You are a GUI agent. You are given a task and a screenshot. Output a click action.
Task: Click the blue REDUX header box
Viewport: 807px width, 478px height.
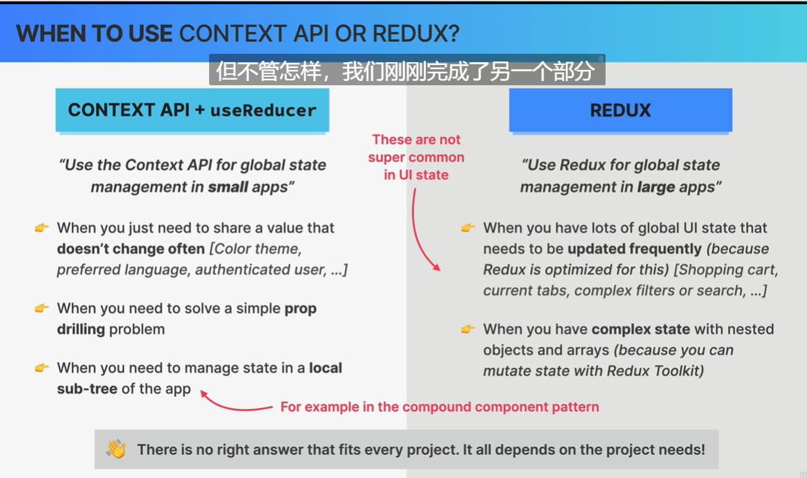pos(620,110)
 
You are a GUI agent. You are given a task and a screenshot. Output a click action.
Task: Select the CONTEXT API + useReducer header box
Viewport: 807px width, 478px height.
pos(192,110)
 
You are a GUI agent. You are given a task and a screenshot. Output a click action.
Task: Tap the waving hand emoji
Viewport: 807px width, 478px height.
pos(116,449)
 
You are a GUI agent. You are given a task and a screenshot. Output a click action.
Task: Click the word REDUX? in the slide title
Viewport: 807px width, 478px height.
pos(416,34)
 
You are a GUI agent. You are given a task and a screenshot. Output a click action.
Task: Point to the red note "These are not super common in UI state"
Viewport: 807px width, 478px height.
pos(416,157)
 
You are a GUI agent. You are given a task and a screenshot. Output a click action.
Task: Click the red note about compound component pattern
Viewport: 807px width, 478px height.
pos(440,407)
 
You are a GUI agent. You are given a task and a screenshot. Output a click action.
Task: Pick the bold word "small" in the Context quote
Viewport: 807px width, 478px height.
pos(227,187)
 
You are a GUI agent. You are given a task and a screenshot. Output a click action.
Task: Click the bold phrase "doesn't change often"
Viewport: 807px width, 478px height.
pos(131,249)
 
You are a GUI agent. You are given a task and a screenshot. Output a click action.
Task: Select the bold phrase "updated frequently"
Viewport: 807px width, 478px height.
pos(634,249)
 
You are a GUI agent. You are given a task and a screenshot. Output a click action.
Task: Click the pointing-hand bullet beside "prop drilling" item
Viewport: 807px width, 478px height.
pos(41,308)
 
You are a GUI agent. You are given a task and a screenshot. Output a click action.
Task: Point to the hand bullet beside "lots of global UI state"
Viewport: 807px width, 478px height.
pos(467,227)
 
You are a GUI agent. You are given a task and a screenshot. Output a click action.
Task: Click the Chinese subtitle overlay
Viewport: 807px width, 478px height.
pos(406,71)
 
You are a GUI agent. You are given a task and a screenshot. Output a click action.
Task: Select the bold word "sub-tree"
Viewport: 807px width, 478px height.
pos(87,389)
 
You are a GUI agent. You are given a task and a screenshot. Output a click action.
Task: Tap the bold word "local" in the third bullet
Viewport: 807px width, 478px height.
pos(325,368)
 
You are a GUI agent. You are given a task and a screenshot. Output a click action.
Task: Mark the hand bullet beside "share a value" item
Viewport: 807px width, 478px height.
pos(41,227)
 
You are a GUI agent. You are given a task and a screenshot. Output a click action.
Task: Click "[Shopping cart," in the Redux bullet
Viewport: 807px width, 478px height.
pos(726,270)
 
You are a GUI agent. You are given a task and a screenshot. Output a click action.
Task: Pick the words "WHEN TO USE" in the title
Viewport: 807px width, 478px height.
pos(94,34)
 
